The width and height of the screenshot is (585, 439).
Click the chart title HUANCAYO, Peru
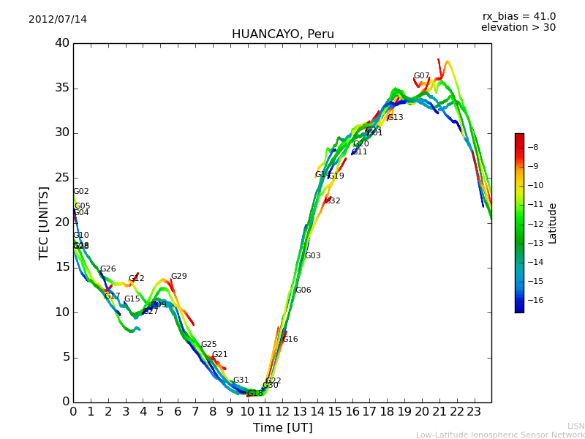click(x=282, y=34)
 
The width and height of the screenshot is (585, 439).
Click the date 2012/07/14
click(x=58, y=19)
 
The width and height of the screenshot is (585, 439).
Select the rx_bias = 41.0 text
click(x=518, y=16)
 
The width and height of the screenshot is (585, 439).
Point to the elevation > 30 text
click(x=518, y=28)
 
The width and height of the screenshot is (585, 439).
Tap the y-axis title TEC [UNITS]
click(x=44, y=222)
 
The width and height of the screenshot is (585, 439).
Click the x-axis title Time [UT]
click(x=282, y=428)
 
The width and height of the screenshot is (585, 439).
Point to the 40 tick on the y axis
click(x=61, y=43)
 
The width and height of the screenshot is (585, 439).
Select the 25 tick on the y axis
click(x=61, y=178)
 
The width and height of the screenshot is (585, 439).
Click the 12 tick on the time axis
click(x=282, y=411)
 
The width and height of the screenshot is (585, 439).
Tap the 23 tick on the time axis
click(x=474, y=411)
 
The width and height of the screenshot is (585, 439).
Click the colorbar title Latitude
click(x=553, y=222)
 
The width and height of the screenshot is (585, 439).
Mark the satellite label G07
click(x=422, y=76)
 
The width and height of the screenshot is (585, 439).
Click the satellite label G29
click(x=179, y=277)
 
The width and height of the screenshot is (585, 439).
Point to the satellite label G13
click(x=396, y=118)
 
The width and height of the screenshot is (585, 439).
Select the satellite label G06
click(x=303, y=290)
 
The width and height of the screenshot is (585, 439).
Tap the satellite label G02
click(x=81, y=192)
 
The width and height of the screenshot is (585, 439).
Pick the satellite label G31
click(x=241, y=380)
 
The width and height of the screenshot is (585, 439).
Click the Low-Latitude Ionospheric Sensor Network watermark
click(x=500, y=435)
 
